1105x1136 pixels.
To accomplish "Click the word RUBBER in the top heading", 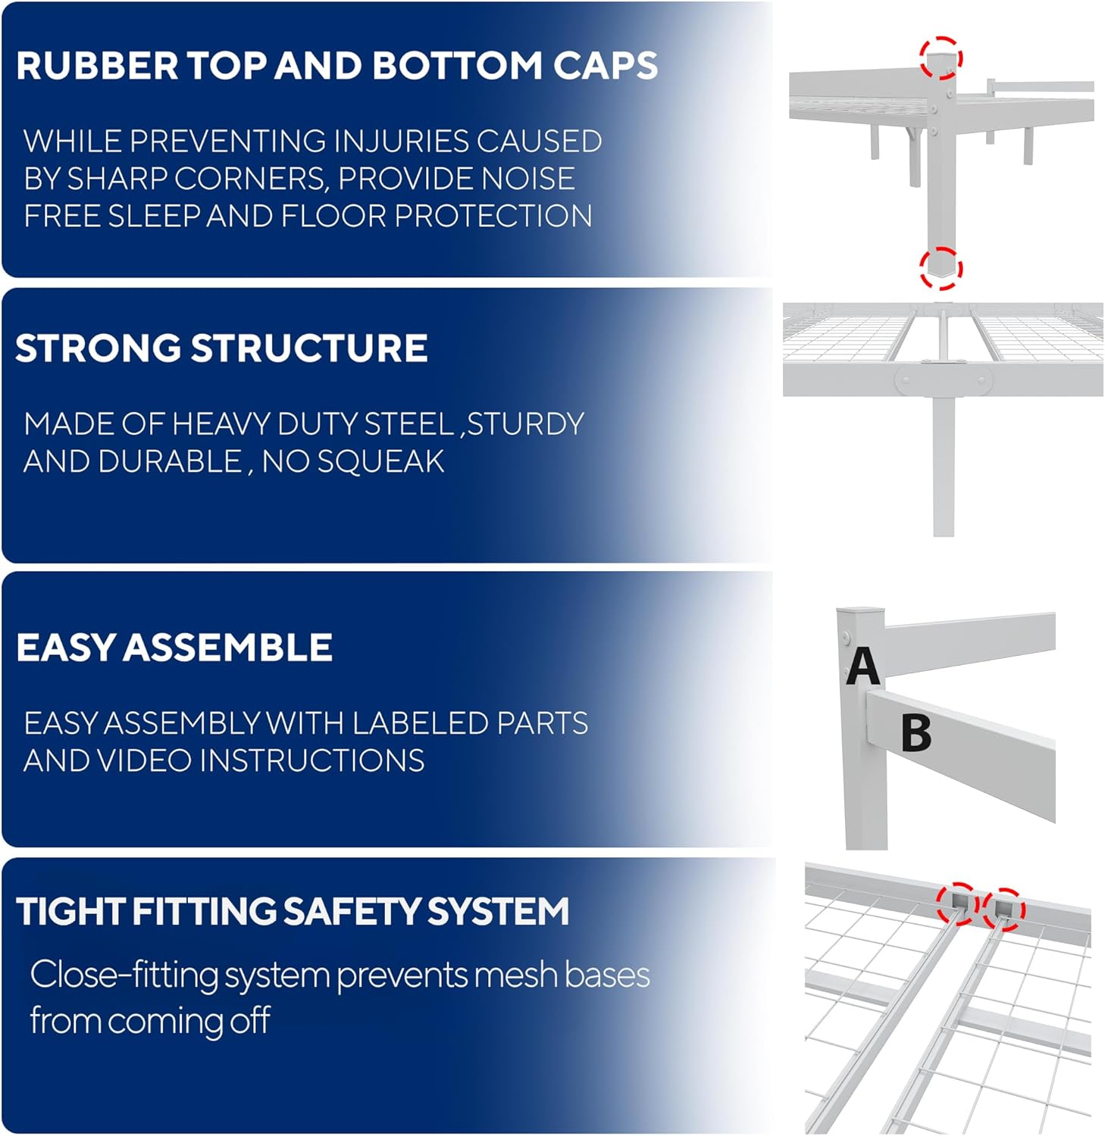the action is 97,66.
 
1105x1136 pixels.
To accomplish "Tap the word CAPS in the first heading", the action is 606,66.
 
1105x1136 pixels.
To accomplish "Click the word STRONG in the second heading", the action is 98,348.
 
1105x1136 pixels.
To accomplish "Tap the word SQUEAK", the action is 380,462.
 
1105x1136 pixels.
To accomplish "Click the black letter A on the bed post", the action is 862,666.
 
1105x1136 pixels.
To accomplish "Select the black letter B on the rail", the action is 916,732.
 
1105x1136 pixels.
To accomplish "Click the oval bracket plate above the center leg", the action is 943,379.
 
